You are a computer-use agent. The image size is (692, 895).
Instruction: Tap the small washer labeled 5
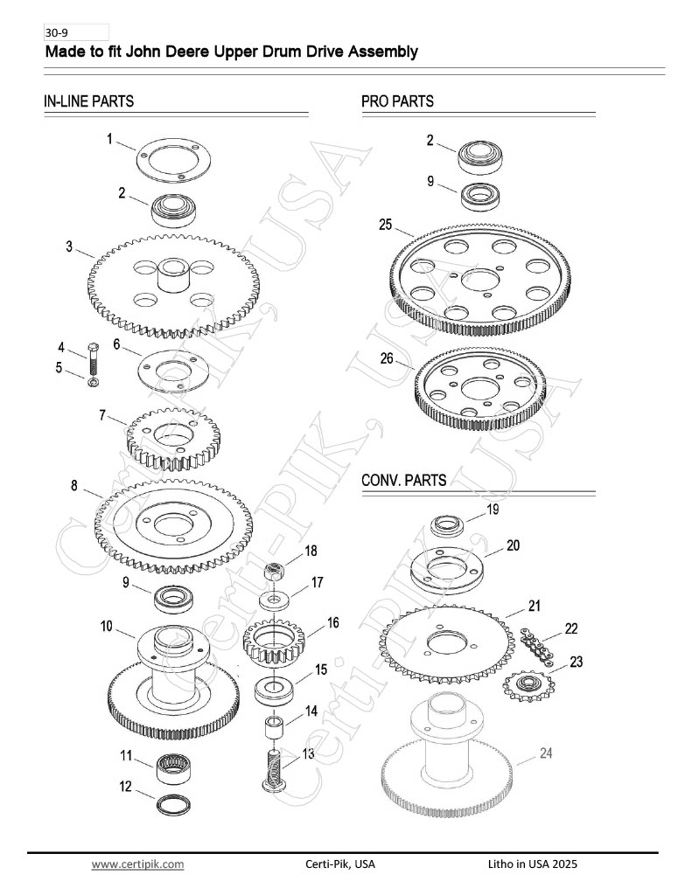point(93,381)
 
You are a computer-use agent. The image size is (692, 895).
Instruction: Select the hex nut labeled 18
point(274,570)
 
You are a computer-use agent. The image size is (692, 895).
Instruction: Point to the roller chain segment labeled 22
point(536,646)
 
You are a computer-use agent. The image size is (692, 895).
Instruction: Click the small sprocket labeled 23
point(528,685)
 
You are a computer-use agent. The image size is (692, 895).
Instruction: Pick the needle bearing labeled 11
point(174,767)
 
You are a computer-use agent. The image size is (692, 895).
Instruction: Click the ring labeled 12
point(173,805)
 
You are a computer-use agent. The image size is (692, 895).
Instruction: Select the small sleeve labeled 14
point(275,729)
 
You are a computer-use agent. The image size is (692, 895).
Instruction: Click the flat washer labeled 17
point(274,600)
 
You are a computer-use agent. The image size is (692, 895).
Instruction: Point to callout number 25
point(385,225)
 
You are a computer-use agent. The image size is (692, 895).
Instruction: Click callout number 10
point(106,626)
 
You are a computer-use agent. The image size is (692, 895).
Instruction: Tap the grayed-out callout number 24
point(546,753)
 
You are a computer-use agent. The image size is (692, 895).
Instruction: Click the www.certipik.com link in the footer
point(137,864)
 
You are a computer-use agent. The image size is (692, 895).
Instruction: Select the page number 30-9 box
point(76,32)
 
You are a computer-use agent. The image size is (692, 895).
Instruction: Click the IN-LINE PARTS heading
point(88,101)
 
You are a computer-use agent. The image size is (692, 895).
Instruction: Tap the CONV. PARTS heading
point(403,480)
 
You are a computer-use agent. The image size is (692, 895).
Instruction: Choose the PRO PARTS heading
point(397,101)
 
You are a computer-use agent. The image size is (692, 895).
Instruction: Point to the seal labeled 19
point(447,525)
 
